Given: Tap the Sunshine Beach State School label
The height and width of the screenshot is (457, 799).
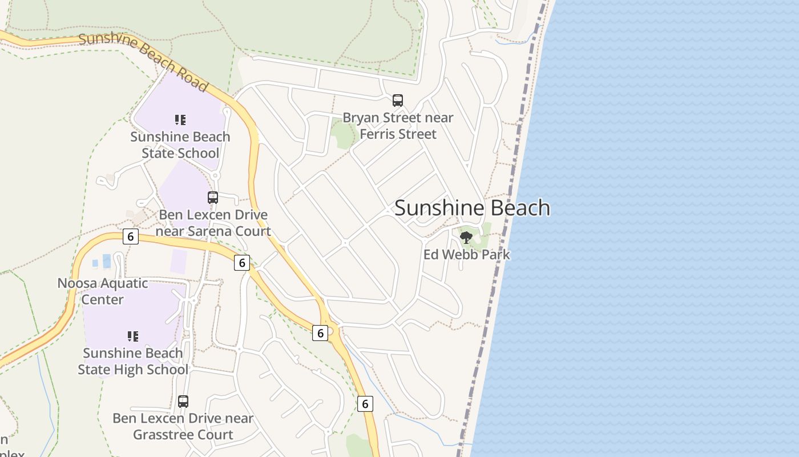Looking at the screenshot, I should click(x=180, y=145).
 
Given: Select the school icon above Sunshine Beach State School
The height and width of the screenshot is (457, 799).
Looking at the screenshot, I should click(x=180, y=120).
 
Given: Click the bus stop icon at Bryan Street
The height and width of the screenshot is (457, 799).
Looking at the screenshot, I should click(x=398, y=101).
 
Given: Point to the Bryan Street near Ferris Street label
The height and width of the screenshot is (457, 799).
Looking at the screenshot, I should click(x=398, y=126).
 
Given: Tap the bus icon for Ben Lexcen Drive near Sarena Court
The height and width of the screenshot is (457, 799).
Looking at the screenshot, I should click(x=213, y=198).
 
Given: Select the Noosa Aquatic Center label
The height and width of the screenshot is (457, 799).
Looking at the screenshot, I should click(x=103, y=291).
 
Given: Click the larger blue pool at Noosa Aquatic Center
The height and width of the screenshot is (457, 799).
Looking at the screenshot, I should click(x=107, y=261).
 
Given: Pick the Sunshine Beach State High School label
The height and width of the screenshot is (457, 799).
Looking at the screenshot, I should click(x=133, y=361).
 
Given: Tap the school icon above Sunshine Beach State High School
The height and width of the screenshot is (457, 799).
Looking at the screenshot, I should click(x=133, y=336).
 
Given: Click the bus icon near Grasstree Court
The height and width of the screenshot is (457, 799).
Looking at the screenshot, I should click(x=183, y=401).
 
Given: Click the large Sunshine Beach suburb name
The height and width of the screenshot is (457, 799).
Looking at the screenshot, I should click(x=472, y=208).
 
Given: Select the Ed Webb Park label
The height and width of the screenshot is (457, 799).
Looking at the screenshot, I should click(x=467, y=255).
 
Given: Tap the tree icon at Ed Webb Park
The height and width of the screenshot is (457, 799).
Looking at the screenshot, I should click(x=466, y=237).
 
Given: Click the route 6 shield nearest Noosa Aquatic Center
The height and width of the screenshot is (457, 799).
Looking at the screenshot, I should click(x=131, y=236).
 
